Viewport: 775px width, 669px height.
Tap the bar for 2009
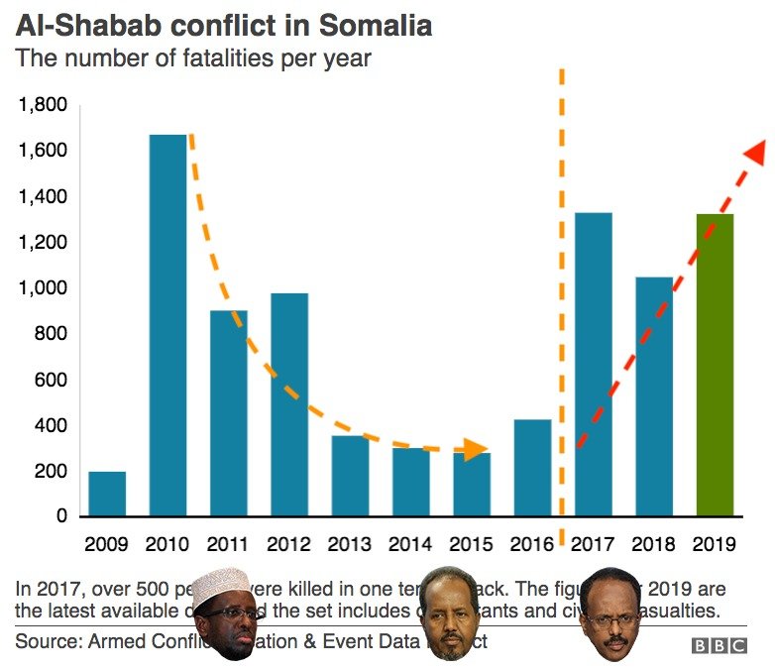107,494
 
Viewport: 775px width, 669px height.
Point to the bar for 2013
350,476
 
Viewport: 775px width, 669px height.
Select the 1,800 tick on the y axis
43,105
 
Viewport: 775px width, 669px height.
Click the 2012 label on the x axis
288,544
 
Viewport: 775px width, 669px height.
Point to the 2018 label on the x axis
654,544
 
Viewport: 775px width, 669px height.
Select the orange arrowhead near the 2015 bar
477,449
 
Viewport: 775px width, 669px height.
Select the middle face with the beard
450,614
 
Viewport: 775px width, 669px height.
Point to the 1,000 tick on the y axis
43,288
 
